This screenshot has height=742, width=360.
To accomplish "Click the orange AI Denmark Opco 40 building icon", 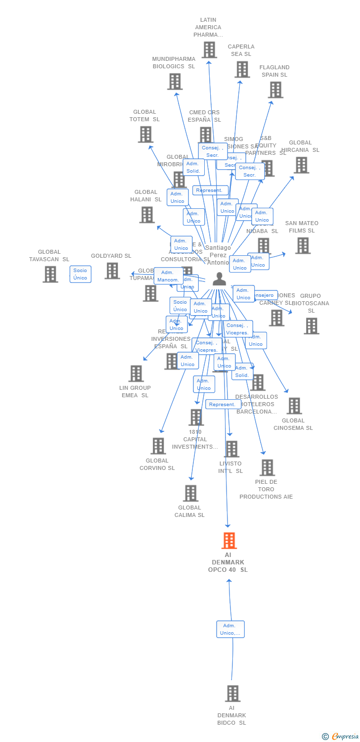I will [229, 541].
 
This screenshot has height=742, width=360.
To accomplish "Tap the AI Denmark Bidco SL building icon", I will [232, 694].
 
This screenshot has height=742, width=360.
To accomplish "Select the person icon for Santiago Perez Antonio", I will [219, 279].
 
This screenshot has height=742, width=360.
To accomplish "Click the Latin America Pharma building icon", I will [209, 49].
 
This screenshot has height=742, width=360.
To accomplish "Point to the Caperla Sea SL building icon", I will [242, 69].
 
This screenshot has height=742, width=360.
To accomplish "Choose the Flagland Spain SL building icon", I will [275, 90].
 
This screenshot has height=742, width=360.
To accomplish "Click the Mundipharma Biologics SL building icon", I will [175, 82].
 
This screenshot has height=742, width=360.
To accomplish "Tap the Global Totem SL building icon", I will [145, 134].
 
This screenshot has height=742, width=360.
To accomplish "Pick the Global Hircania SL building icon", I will [301, 165].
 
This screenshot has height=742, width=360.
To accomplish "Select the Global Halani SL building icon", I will [147, 215].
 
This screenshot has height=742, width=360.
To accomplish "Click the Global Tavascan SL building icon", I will [50, 274].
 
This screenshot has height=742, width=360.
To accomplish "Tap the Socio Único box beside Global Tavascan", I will [80, 274].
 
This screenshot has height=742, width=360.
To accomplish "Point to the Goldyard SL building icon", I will [112, 271].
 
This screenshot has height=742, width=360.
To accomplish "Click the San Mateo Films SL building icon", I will [303, 245].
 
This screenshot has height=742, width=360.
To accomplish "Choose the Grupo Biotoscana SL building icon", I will [311, 326].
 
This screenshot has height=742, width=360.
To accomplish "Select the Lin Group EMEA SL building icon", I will [135, 373].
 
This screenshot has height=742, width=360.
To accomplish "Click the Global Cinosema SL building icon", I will [294, 406].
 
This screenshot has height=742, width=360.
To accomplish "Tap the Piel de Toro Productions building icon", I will [267, 467].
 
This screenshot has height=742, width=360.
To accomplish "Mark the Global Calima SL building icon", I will [190, 493].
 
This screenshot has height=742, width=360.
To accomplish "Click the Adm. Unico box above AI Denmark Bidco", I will [230, 629].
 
